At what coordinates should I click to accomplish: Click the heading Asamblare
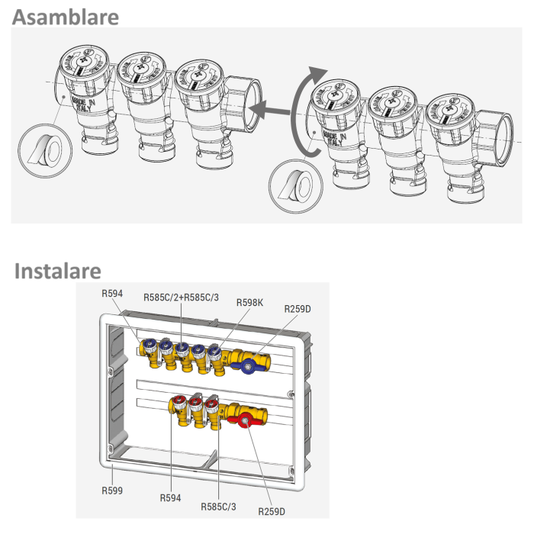[x=65, y=16]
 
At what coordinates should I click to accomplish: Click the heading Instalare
[x=57, y=271]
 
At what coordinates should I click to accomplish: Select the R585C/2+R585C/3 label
[x=181, y=297]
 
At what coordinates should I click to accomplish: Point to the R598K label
[x=250, y=302]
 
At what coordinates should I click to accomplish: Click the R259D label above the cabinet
[x=298, y=309]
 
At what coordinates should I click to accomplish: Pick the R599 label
[x=112, y=491]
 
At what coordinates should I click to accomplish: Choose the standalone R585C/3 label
[x=219, y=506]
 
